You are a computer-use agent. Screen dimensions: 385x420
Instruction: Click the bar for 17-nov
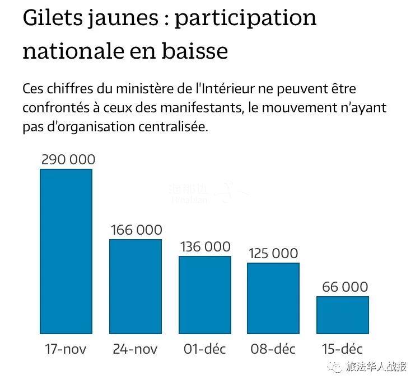click(66, 250)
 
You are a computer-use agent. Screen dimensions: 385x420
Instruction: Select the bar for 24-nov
click(135, 286)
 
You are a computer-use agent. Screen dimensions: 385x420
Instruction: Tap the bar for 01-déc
click(204, 294)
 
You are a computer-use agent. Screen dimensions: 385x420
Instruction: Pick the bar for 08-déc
click(273, 297)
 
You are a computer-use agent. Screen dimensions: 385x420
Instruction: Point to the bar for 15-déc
click(343, 314)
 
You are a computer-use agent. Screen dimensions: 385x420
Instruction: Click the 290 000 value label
click(68, 159)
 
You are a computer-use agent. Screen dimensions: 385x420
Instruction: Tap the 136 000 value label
click(205, 246)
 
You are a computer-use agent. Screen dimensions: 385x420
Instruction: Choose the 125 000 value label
click(273, 253)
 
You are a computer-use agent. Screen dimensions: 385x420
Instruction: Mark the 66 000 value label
click(344, 287)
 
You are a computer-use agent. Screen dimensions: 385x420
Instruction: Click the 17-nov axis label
click(66, 350)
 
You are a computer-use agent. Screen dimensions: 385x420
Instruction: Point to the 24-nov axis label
click(135, 350)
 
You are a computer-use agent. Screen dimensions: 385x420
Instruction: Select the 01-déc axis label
click(204, 350)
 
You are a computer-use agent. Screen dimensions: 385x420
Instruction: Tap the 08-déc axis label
click(273, 350)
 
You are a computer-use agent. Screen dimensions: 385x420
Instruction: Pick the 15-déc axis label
click(343, 350)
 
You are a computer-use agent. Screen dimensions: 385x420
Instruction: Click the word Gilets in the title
click(52, 19)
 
